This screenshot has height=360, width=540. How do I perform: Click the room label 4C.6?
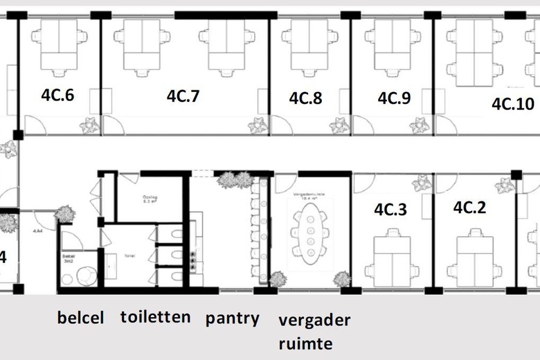[x=57, y=96]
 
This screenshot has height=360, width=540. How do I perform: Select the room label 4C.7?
[x=183, y=96]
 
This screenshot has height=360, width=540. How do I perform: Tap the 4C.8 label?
[x=305, y=98]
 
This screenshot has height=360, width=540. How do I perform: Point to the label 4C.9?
[x=393, y=98]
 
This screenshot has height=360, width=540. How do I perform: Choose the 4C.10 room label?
[x=513, y=104]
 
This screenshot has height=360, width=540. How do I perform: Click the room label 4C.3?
[x=390, y=209]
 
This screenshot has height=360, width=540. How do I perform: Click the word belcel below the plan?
[x=81, y=319]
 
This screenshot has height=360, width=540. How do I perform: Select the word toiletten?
[x=156, y=318]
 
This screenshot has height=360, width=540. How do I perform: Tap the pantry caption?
[x=233, y=319]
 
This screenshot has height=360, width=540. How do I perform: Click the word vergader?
[x=315, y=321]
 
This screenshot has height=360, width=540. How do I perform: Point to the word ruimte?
[x=305, y=343]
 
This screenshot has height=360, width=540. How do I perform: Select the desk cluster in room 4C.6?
[x=57, y=46]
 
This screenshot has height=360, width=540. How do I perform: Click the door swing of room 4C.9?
[x=362, y=125]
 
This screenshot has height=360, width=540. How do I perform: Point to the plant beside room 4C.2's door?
[x=505, y=185]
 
